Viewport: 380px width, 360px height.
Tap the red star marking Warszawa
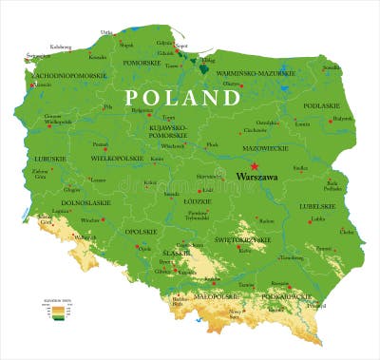[x=254, y=166]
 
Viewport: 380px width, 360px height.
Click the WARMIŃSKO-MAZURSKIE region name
[x=249, y=72]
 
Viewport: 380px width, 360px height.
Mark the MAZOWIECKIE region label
[x=267, y=147]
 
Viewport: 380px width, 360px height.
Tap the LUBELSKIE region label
[x=317, y=205]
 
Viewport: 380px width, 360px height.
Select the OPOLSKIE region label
[x=141, y=232]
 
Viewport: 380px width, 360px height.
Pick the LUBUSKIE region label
[x=48, y=159]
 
